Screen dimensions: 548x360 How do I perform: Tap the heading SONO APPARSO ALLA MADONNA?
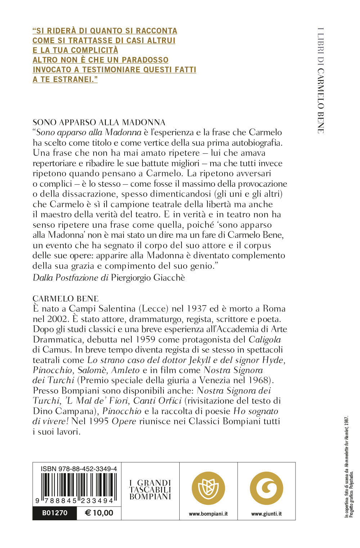tap(99, 122)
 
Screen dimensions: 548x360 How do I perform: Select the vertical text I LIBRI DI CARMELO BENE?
tap(320, 81)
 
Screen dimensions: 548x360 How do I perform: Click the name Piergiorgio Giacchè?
tap(148, 278)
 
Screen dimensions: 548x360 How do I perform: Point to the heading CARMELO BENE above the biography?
tap(66, 299)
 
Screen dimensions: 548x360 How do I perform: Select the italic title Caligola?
tap(265, 340)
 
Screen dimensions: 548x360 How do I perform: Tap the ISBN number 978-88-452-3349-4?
tap(79, 469)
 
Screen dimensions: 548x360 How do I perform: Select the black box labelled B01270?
tap(55, 513)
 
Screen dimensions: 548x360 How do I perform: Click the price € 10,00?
tap(99, 513)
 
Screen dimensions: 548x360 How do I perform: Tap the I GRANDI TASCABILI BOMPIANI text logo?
tap(150, 490)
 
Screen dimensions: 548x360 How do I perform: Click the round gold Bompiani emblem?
tap(208, 488)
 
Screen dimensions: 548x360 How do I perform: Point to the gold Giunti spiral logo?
tap(266, 488)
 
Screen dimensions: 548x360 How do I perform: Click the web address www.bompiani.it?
tap(208, 514)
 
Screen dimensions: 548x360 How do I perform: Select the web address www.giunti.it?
tap(266, 514)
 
